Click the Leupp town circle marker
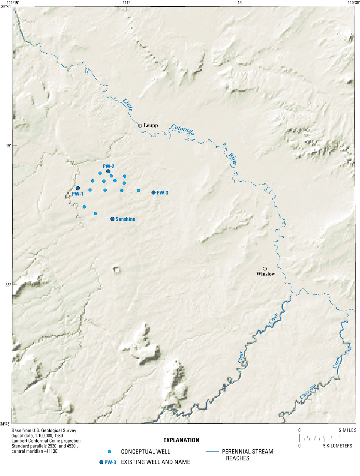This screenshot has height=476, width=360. point(140,126)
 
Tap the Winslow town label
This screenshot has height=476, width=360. point(266,274)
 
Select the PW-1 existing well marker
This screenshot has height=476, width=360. point(78,188)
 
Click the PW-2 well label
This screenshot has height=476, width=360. point(109,166)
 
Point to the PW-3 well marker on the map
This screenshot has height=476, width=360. point(153,193)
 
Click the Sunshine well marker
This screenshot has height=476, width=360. point(112,219)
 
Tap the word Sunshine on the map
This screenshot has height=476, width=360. point(125,219)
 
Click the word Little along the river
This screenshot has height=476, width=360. point(127,106)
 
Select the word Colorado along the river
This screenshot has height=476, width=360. point(183,130)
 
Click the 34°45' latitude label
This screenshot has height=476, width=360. point(6,424)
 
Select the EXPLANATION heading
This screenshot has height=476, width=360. point(181,440)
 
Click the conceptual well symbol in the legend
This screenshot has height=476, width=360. point(109,452)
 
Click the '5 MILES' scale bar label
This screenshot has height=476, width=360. point(348,430)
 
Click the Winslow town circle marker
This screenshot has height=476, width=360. point(265,269)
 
